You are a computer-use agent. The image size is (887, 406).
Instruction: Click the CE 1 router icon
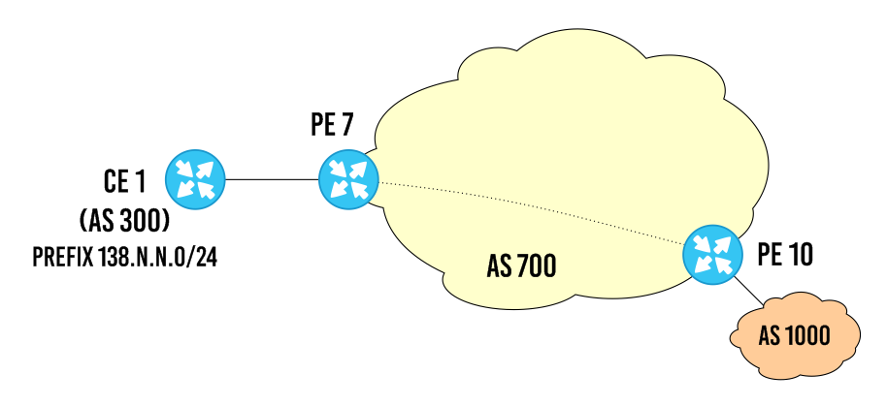(x=195, y=179)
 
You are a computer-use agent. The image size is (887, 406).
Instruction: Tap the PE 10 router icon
(x=711, y=254)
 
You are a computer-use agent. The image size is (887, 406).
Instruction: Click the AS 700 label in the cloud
(x=521, y=266)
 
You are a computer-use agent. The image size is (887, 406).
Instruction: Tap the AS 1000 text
(x=794, y=336)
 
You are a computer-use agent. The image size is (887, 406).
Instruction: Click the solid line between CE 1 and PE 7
(x=272, y=179)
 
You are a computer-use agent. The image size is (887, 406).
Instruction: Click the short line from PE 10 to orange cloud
(x=747, y=289)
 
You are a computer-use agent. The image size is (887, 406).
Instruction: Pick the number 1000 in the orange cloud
(x=807, y=336)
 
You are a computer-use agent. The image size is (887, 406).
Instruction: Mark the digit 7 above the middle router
(x=348, y=126)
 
